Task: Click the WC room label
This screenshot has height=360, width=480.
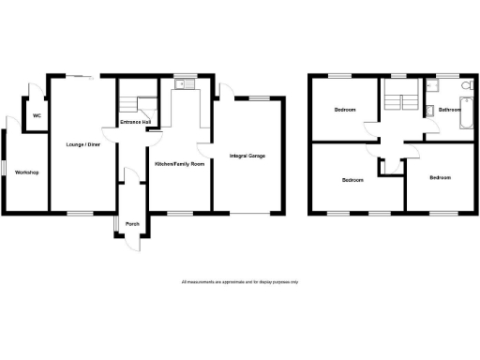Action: click(37, 115)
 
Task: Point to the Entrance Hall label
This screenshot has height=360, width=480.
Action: click(137, 124)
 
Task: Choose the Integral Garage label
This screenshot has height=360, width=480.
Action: click(247, 155)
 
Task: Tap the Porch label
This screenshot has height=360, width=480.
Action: click(131, 223)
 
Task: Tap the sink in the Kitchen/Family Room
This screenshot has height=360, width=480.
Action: click(188, 84)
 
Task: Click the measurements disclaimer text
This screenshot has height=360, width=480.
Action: click(240, 281)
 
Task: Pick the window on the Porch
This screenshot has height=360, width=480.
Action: click(114, 224)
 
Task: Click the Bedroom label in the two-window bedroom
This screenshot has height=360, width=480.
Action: click(352, 179)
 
